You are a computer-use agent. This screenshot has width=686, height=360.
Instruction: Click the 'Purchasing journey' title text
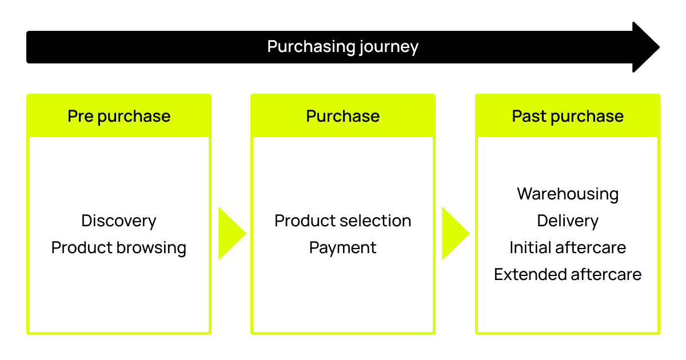point(342,47)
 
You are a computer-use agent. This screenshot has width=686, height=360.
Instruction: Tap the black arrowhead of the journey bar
point(645,47)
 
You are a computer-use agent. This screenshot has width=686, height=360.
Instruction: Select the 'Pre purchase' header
point(119,117)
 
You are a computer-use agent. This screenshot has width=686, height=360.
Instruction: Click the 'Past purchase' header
point(568,117)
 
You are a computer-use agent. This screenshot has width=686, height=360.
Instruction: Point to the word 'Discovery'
point(119,221)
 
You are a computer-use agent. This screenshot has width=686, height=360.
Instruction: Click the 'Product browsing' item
point(119,247)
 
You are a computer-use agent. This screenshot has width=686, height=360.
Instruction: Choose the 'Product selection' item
point(342,221)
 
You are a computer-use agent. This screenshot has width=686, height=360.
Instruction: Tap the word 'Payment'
point(342,248)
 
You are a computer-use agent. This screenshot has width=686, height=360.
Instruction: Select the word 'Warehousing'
point(568,194)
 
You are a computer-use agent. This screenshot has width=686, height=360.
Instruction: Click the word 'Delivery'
point(568,221)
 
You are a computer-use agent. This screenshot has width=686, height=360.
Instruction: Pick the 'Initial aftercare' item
point(568,247)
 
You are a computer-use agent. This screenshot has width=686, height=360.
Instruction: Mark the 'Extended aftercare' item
point(568,274)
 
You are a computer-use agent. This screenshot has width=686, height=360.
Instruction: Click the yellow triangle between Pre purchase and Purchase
point(231,233)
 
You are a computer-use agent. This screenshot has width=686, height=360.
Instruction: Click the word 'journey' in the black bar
point(389,47)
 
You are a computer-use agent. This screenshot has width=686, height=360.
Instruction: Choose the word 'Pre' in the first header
point(81,116)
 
